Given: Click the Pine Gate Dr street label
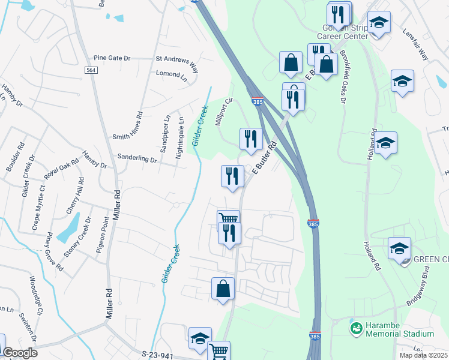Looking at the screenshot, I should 112,58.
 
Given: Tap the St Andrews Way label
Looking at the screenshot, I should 176,60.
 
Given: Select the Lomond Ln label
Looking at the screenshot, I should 167,74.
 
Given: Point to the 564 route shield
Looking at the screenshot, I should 89,70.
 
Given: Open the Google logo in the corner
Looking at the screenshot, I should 20,353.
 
